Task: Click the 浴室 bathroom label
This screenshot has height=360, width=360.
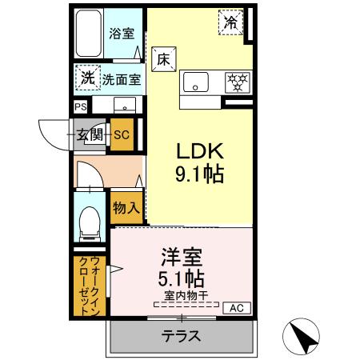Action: coord(121,34)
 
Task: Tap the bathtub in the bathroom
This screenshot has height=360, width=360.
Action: coord(88,34)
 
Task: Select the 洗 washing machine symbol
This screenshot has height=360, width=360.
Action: coord(86,78)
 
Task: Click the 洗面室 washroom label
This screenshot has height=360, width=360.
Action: coord(121,79)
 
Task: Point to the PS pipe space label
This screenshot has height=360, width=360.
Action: coord(80,105)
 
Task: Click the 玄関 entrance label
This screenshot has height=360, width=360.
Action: coord(90,135)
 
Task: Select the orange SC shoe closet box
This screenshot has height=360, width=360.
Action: coord(122,135)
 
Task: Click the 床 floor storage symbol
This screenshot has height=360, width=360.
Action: coord(162,58)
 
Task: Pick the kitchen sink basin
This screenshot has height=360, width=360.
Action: coord(196,81)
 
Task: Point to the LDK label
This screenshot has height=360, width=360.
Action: coord(197,151)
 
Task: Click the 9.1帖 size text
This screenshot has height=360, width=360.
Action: coord(197,174)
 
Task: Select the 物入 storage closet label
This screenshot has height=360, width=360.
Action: coord(126,207)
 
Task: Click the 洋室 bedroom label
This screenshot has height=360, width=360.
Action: coord(182,258)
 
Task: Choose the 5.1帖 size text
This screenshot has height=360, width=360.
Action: coord(182,280)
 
